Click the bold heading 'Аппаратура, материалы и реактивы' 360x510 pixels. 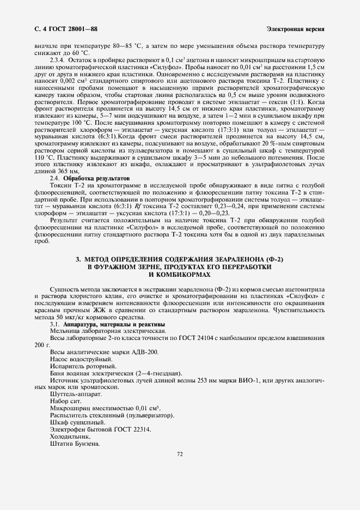(x=114, y=325)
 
